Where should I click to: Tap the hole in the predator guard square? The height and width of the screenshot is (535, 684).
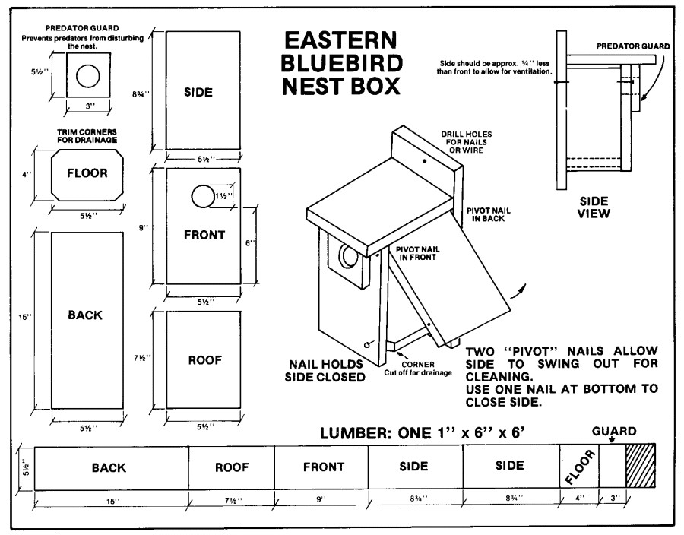pyautogui.click(x=87, y=76)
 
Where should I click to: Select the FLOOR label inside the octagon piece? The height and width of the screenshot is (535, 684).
pyautogui.click(x=87, y=173)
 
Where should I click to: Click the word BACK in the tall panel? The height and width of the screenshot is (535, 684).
pyautogui.click(x=85, y=315)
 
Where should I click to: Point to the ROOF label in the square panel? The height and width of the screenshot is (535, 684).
pyautogui.click(x=204, y=360)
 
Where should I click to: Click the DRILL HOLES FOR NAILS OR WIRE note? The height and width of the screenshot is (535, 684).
pyautogui.click(x=463, y=141)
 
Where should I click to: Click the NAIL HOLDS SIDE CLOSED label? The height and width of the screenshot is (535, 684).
pyautogui.click(x=323, y=370)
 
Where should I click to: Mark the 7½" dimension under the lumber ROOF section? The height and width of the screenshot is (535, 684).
pyautogui.click(x=232, y=499)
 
